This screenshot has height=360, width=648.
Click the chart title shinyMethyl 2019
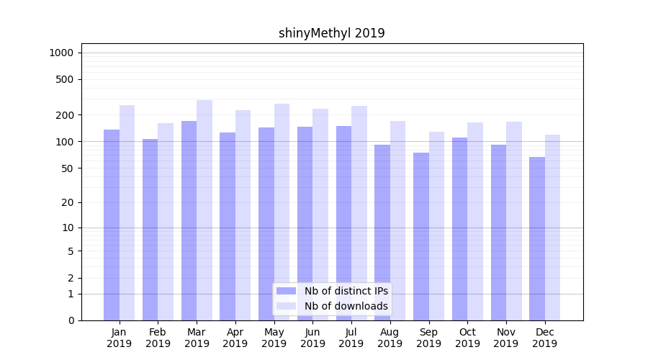(331, 33)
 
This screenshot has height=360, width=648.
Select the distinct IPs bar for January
(112, 225)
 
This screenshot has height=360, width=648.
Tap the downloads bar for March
(204, 210)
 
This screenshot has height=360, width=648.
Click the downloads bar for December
(552, 228)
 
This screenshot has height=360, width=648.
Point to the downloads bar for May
(282, 212)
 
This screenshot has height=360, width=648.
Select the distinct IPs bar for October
(460, 229)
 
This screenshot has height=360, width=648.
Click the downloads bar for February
(166, 222)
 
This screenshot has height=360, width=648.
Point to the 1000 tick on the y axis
(61, 53)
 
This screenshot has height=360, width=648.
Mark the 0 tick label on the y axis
(71, 320)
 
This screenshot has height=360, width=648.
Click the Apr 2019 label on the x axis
(235, 338)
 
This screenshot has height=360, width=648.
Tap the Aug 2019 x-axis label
(390, 338)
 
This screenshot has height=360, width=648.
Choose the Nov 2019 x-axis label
(506, 338)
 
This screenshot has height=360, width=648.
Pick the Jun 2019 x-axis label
(312, 338)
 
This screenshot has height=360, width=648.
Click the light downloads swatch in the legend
(287, 306)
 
